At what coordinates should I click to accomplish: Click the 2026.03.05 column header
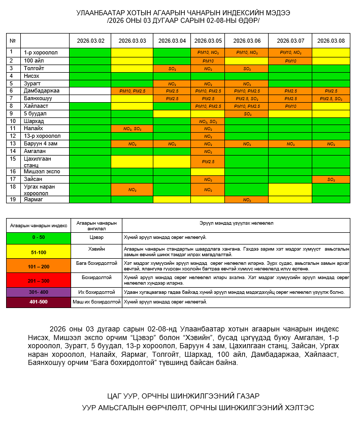pos(208,41)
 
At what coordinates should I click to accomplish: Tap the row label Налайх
pos(34,129)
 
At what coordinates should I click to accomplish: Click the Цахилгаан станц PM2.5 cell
pos(208,162)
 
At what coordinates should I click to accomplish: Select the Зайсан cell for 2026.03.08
pos(331,179)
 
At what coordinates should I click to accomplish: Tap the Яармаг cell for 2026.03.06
pos(247,200)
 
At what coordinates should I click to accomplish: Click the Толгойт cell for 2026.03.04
pos(172,68)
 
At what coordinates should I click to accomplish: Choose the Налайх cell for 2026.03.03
pos(132,129)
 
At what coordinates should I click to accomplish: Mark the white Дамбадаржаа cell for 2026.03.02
pos(90,90)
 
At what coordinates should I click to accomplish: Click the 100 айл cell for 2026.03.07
pos(290,60)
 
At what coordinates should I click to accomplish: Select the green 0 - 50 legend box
pos(39,237)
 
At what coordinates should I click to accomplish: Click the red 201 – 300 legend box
pos(39,280)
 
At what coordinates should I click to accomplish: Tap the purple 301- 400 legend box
pos(39,292)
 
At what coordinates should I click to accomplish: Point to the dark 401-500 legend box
pos(39,302)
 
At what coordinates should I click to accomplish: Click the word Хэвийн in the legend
pos(96,250)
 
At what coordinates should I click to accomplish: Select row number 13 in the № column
pos(11,144)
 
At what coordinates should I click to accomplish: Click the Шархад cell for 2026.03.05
pos(208,121)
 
